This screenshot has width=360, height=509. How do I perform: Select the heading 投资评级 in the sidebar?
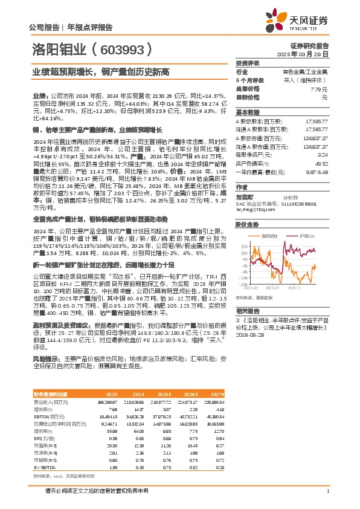[x=247, y=63]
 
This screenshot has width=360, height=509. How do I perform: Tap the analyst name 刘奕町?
[x=245, y=196]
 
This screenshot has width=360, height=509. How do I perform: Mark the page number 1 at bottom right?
[x=327, y=491]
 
